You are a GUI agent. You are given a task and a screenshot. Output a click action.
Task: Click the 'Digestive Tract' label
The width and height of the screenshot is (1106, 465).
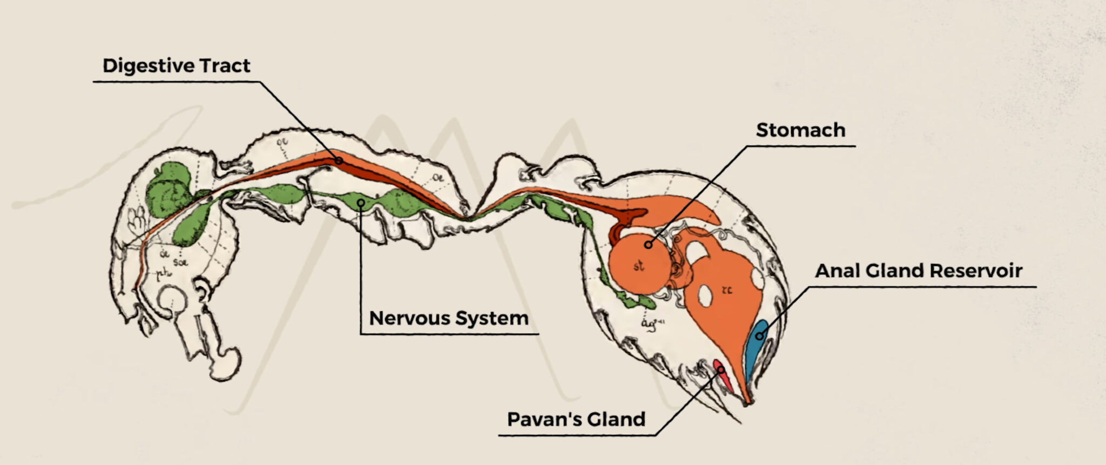tap(176, 66)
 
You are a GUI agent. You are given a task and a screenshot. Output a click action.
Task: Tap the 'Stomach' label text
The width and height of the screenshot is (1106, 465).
tap(800, 130)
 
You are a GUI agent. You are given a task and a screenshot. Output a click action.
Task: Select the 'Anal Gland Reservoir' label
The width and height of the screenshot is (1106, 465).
tap(918, 271)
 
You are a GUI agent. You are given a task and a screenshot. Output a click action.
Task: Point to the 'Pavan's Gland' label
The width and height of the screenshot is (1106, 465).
tap(576, 419)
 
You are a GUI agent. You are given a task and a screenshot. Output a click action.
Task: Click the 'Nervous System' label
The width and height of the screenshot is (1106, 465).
tap(448, 318)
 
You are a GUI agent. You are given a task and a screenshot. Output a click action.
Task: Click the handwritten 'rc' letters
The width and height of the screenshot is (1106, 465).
tap(727, 290)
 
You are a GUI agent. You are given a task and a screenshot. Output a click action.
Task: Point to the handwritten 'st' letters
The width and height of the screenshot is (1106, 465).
tap(639, 266)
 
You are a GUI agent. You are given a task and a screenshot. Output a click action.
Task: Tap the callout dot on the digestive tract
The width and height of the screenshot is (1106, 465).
tap(339, 160)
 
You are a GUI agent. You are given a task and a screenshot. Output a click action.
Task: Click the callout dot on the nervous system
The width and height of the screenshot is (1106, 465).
tap(361, 203)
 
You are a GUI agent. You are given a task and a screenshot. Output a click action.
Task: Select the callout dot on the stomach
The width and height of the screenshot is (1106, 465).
tap(648, 245)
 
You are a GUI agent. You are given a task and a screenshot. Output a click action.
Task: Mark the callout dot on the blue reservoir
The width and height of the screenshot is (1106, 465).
tap(759, 336)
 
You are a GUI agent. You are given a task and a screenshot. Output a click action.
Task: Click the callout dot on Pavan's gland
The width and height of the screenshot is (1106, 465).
tap(720, 369)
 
